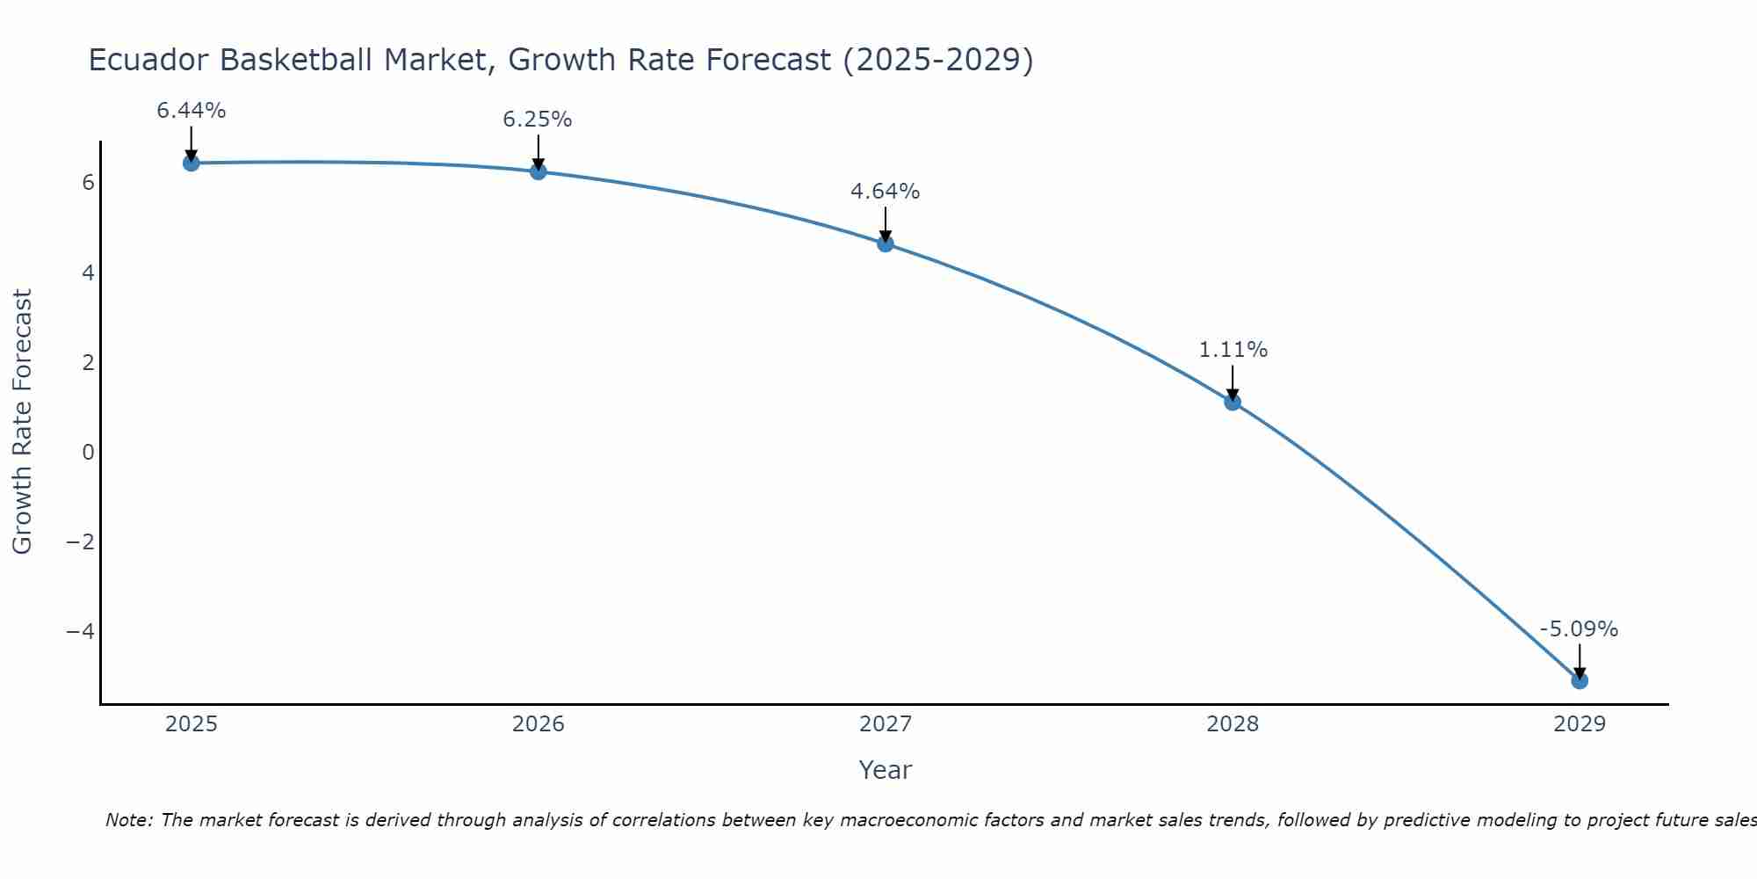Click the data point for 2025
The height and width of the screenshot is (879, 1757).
191,163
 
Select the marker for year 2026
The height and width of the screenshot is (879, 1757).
538,171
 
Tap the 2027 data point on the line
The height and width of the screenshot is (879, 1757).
885,243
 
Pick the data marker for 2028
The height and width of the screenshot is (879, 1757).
1232,402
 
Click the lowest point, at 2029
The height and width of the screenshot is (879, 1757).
1579,680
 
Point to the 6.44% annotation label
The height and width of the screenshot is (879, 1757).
191,111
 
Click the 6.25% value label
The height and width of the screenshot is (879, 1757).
538,120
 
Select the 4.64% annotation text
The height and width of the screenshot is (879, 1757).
885,192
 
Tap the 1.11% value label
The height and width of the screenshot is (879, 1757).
1233,350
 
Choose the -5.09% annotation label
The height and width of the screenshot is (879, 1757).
1579,629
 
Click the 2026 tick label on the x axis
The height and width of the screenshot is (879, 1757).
538,724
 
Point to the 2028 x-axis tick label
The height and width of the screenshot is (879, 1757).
1232,724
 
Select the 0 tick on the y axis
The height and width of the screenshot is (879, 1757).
88,452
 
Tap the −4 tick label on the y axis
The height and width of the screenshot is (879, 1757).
81,631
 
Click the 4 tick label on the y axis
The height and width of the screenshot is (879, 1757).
88,272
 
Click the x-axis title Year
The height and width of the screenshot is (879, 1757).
885,770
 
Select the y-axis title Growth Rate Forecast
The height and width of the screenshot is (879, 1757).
22,422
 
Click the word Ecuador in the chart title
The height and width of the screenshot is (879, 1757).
148,60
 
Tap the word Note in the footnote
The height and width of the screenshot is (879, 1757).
128,820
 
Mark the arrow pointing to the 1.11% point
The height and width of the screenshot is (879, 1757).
1232,381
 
